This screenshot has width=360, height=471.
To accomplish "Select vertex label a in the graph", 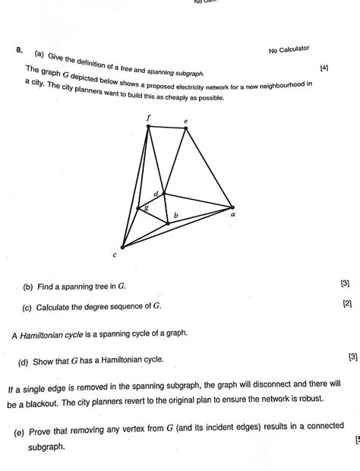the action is point(232,215).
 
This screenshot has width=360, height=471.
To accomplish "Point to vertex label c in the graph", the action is point(115,255).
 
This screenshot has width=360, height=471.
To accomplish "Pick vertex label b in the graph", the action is point(175,217).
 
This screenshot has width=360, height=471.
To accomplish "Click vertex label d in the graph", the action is point(156,194).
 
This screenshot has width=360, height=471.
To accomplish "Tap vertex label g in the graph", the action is point(146,207).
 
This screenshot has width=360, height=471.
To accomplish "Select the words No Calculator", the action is point(289,49).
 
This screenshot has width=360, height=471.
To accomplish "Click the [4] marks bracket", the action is point(325,68).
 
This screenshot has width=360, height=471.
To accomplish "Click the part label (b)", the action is point(28,287).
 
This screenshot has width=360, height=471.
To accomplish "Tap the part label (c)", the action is point(27,307).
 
